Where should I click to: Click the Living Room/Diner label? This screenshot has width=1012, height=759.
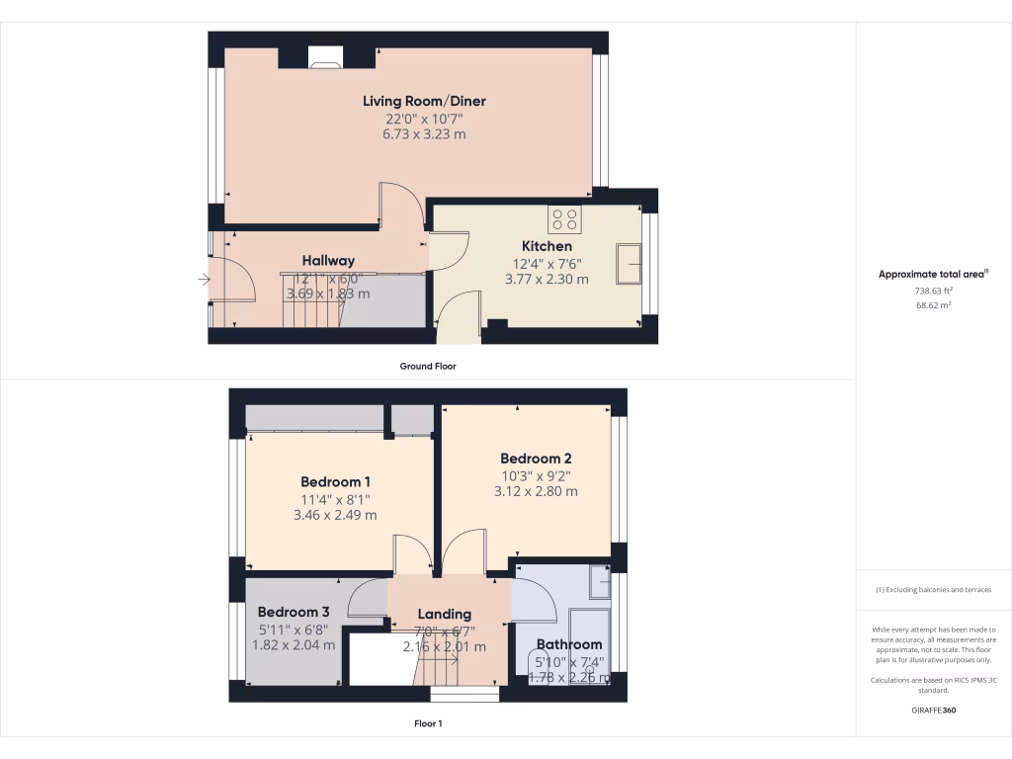[424, 101]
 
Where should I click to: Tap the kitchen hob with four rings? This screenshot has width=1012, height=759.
[565, 218]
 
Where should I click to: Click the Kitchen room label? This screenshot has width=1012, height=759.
[547, 246]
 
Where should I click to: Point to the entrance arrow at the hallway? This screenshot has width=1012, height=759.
[204, 280]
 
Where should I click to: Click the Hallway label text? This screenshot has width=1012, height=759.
[328, 261]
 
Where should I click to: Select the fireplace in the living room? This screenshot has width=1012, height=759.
[323, 58]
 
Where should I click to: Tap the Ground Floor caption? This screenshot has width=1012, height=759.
[428, 366]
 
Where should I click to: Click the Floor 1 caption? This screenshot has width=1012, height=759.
[428, 723]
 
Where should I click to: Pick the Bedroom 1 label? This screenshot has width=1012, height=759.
[335, 482]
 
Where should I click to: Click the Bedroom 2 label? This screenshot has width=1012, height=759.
[536, 459]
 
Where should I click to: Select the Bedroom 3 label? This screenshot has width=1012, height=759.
[294, 612]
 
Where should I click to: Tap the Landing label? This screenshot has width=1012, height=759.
[444, 614]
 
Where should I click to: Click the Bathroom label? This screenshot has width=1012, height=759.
[569, 644]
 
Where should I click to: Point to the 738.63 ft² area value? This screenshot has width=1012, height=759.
[933, 291]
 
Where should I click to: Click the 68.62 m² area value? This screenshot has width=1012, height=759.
[933, 305]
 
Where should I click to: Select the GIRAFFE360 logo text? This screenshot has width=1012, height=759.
[933, 711]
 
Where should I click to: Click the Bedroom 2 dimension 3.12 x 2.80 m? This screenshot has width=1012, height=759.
[536, 491]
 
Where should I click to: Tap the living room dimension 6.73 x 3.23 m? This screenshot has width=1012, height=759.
[424, 133]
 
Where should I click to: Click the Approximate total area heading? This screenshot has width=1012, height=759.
[933, 275]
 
